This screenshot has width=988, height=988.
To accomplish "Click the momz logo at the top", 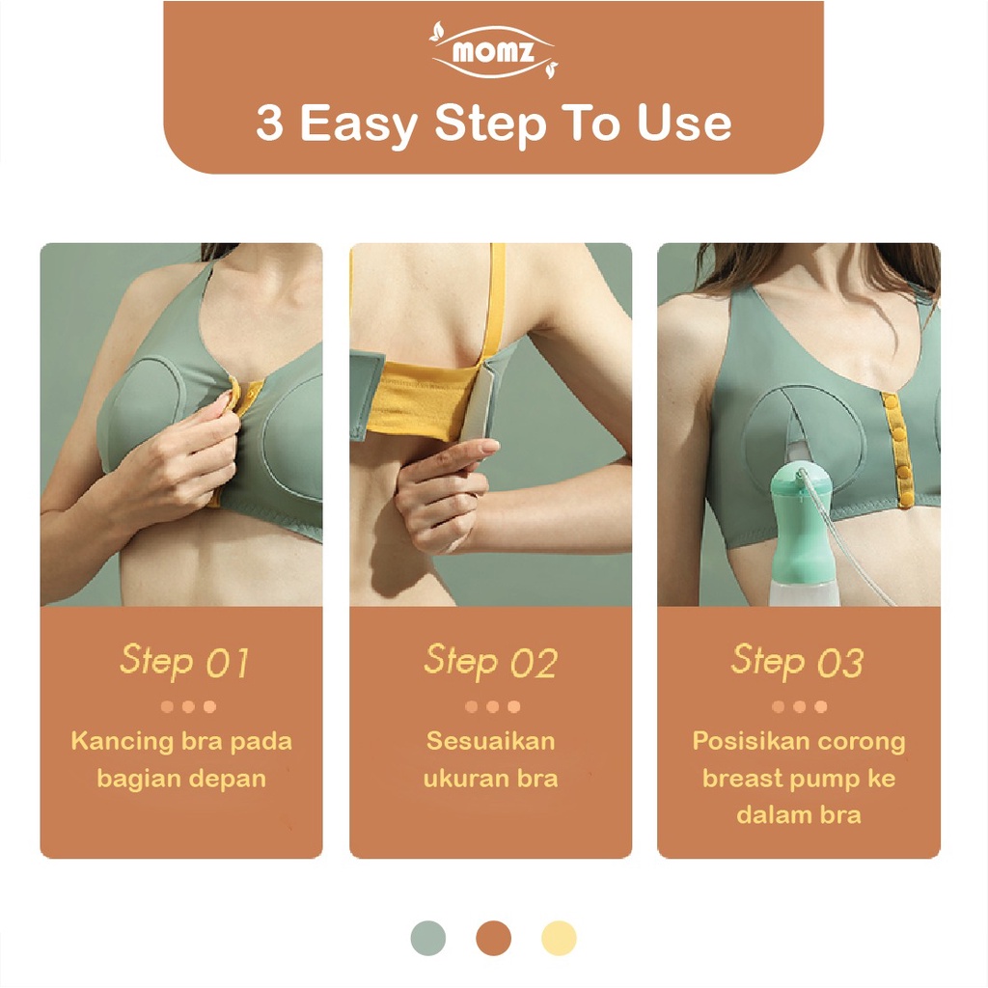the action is click(x=493, y=51).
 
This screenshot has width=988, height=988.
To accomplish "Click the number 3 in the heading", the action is click(x=270, y=123).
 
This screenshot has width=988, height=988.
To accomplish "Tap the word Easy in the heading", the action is click(x=359, y=125).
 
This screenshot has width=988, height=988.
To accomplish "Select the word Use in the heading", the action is click(x=684, y=123).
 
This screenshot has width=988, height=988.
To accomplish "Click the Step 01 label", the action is click(x=184, y=662).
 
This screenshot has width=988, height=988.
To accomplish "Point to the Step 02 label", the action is click(x=491, y=662).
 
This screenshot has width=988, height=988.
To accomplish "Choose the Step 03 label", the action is click(x=797, y=662).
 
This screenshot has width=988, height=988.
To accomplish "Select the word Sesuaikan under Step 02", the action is click(x=491, y=741).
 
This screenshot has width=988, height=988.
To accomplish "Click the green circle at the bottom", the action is click(x=427, y=938).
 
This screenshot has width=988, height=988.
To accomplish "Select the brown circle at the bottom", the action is click(x=493, y=938).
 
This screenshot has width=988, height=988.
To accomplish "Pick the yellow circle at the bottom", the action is click(x=559, y=938).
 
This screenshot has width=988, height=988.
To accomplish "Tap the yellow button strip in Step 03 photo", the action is click(x=897, y=450).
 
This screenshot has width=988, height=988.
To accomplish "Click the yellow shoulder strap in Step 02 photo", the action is click(x=496, y=302).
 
